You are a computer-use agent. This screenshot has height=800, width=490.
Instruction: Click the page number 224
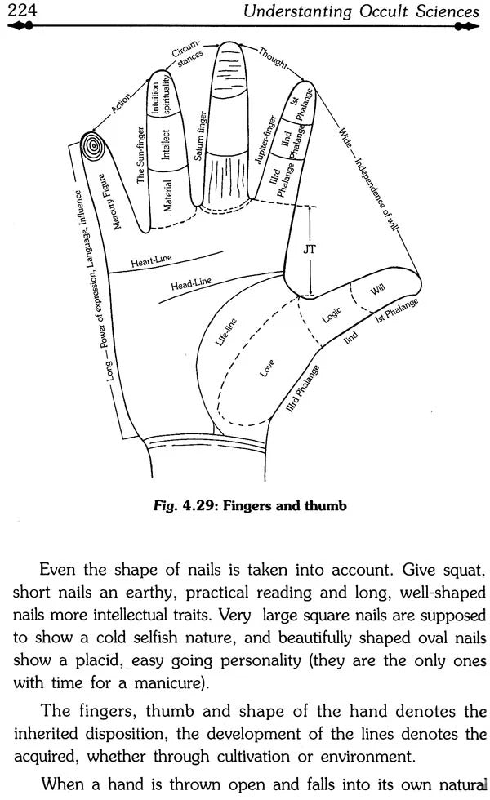[21, 11]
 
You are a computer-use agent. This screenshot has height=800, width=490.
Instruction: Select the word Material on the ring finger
[167, 197]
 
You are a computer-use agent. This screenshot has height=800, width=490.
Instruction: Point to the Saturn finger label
[198, 132]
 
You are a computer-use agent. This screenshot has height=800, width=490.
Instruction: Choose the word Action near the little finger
[122, 105]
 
